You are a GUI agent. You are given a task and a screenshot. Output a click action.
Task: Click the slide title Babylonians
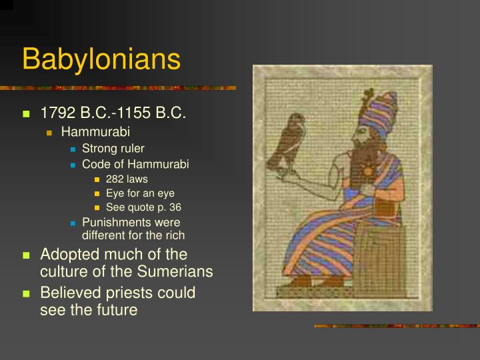point(101,59)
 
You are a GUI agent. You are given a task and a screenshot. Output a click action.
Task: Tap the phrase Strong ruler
point(113,148)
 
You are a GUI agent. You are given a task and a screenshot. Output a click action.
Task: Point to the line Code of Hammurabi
point(130,164)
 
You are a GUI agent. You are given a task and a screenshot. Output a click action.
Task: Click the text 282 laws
point(127,179)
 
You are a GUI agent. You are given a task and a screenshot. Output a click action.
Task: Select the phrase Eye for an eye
point(140,193)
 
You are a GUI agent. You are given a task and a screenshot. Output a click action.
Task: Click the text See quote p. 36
point(143,207)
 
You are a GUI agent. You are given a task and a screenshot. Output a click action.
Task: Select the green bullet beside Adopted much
point(27,255)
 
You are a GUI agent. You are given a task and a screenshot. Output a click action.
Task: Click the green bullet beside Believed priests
point(27,293)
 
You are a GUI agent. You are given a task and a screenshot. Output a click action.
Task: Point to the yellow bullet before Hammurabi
point(50,132)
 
